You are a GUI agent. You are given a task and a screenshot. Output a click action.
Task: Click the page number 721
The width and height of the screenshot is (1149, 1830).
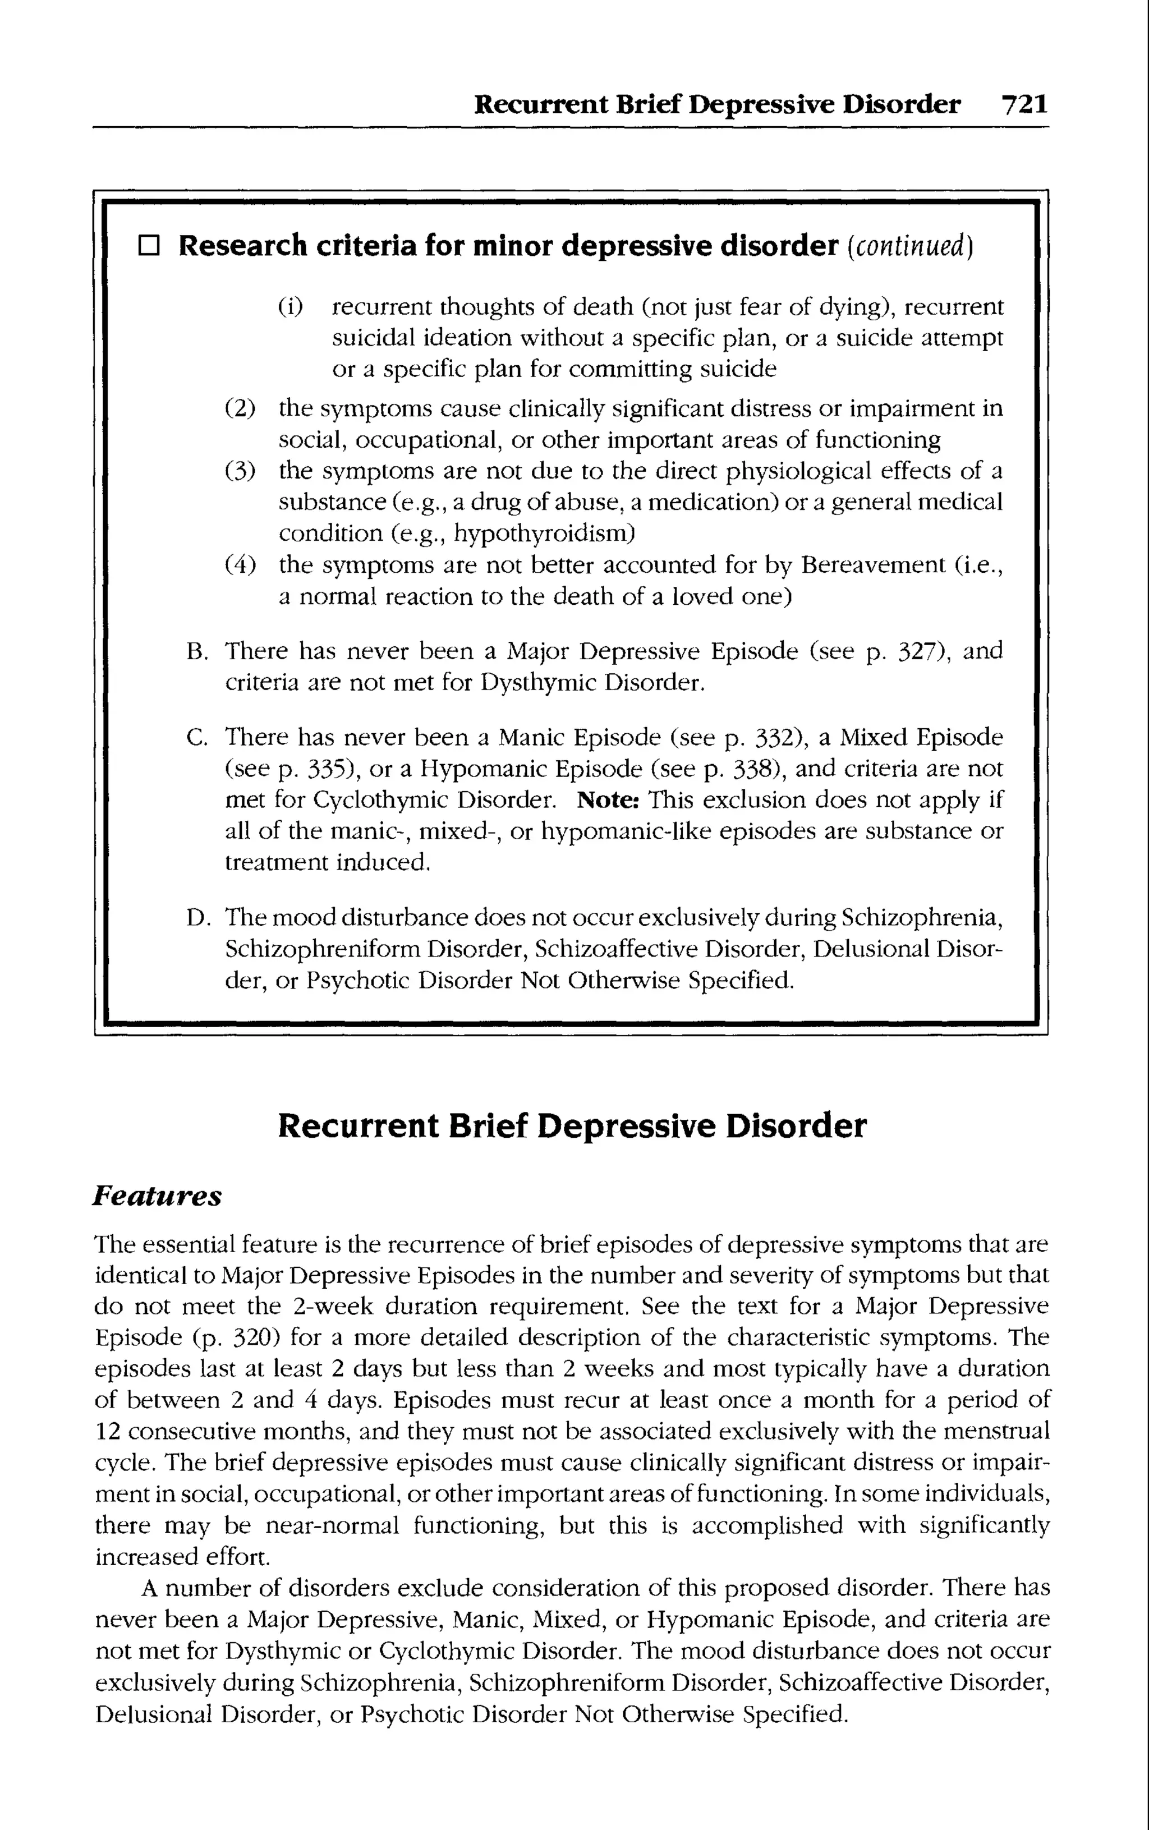pos(1024,104)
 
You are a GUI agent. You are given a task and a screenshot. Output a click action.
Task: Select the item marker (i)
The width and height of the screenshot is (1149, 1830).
pos(289,307)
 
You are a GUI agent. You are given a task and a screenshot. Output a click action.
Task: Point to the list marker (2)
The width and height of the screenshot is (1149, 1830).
pos(240,408)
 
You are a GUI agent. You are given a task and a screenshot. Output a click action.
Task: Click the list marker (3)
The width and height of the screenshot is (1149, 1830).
pos(240,471)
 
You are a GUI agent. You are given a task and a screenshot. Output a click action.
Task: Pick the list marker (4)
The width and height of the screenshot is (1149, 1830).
pos(240,565)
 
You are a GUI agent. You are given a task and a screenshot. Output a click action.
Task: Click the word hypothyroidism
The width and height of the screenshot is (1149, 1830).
pos(543,534)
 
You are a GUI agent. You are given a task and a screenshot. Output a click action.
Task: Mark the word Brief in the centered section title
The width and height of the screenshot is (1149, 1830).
pos(487,1126)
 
